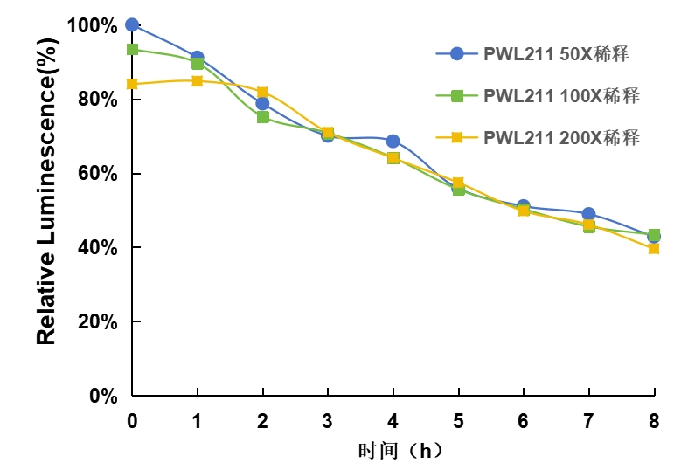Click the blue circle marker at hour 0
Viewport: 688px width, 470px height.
pyautogui.click(x=132, y=24)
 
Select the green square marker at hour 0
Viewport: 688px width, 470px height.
pyautogui.click(x=132, y=49)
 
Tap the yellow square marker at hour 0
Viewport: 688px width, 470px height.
pyautogui.click(x=132, y=84)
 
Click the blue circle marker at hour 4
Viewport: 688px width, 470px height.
pyautogui.click(x=393, y=141)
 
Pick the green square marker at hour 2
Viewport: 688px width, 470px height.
pyautogui.click(x=262, y=117)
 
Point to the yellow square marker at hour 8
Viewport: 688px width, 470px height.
pyautogui.click(x=653, y=248)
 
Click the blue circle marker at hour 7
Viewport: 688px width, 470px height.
pyautogui.click(x=588, y=213)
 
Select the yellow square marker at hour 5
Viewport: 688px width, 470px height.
pyautogui.click(x=458, y=183)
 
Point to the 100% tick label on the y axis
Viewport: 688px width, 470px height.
pyautogui.click(x=92, y=26)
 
